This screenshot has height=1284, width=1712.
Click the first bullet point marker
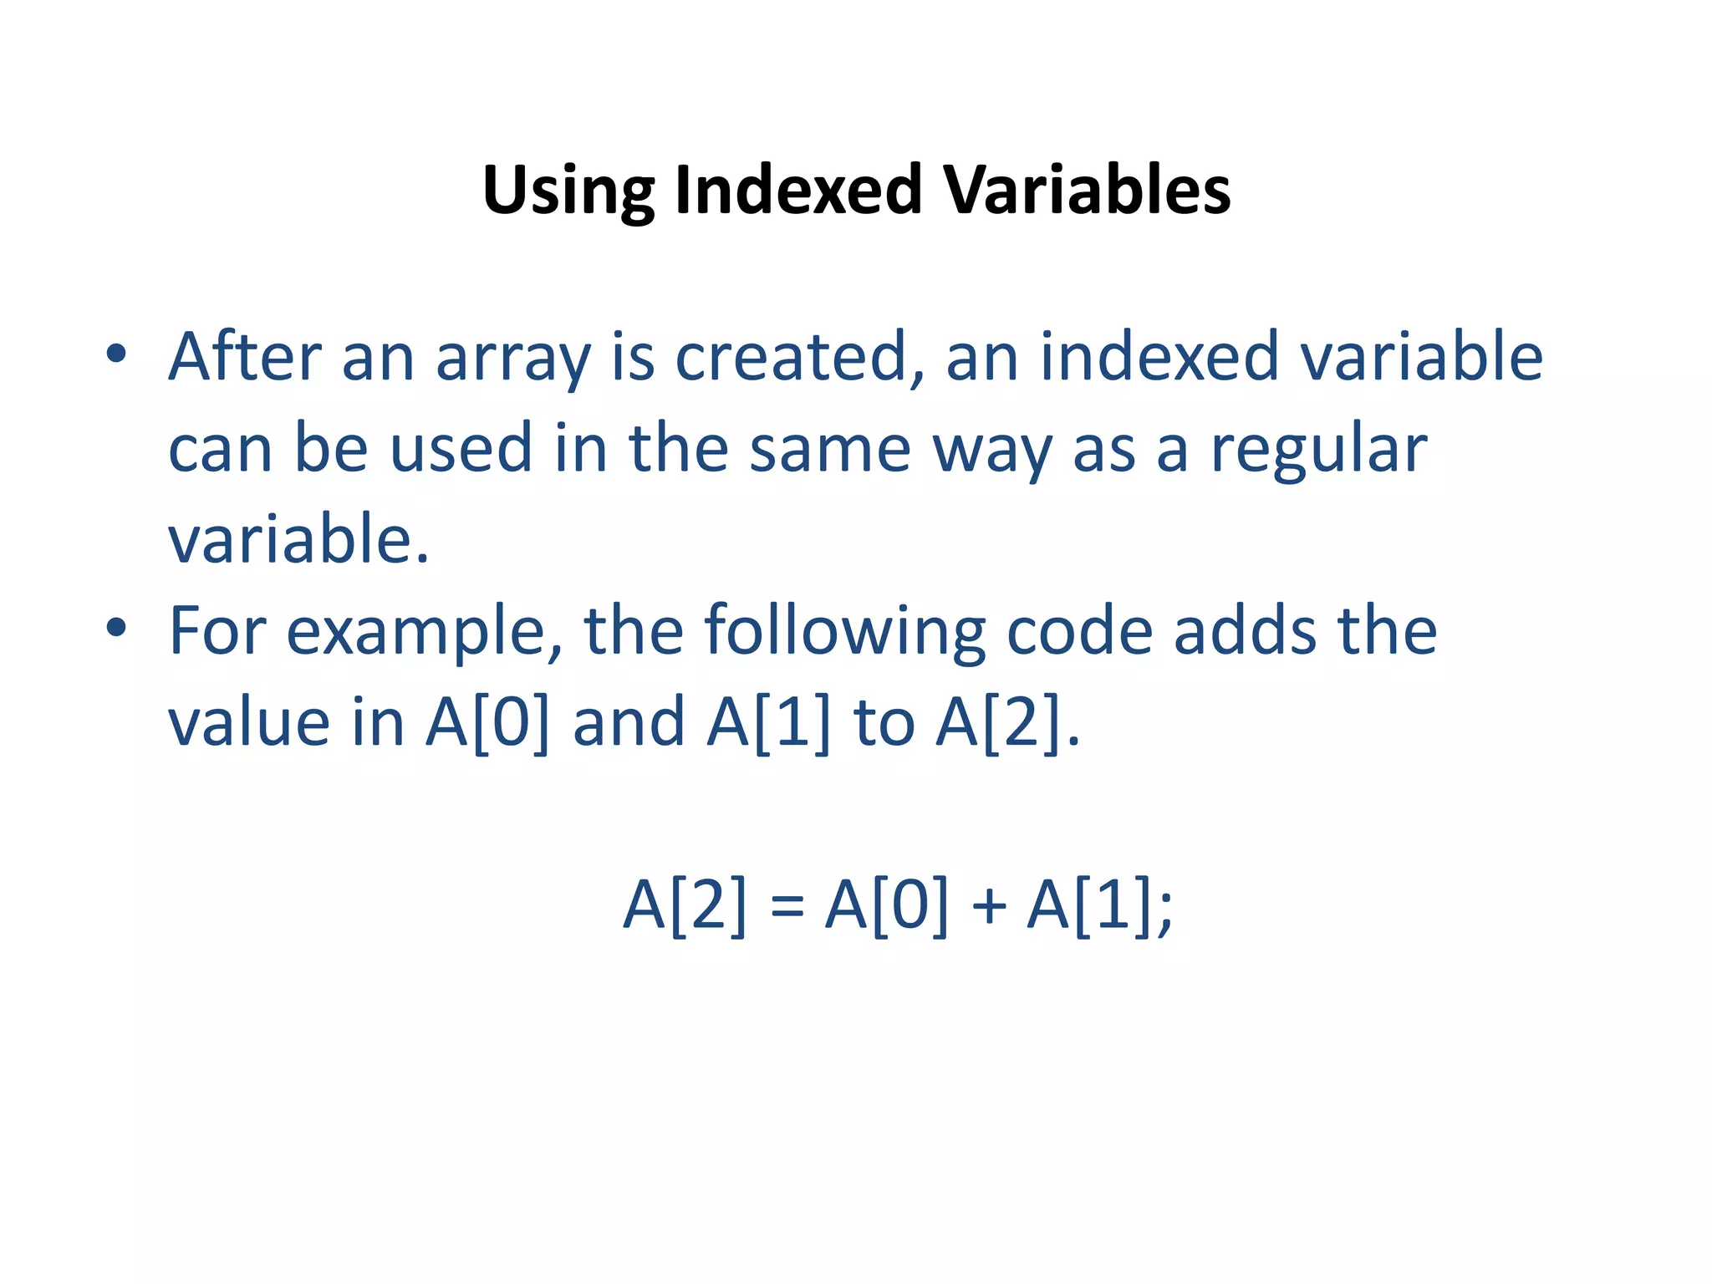116,354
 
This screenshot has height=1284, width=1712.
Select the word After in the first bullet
245,357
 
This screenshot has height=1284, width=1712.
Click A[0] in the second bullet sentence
488,722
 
